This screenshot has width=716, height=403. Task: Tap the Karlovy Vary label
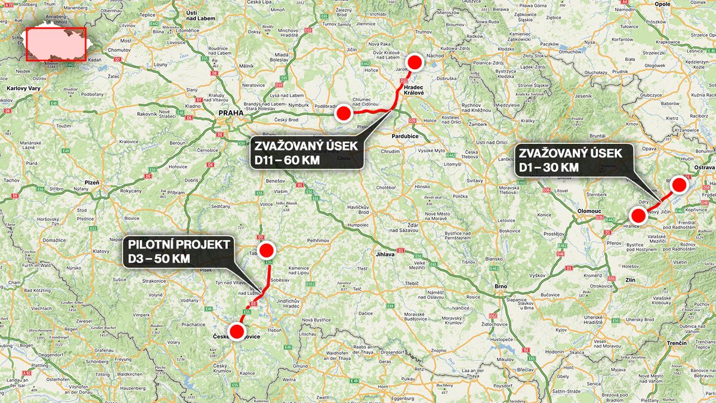tap(22, 88)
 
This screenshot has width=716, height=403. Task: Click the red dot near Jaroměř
tap(415, 62)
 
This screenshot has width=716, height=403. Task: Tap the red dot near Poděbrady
tap(343, 112)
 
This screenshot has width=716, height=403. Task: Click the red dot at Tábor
tap(266, 250)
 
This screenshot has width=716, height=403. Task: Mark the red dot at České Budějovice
tap(237, 331)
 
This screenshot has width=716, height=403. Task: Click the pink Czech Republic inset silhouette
tap(57, 44)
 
